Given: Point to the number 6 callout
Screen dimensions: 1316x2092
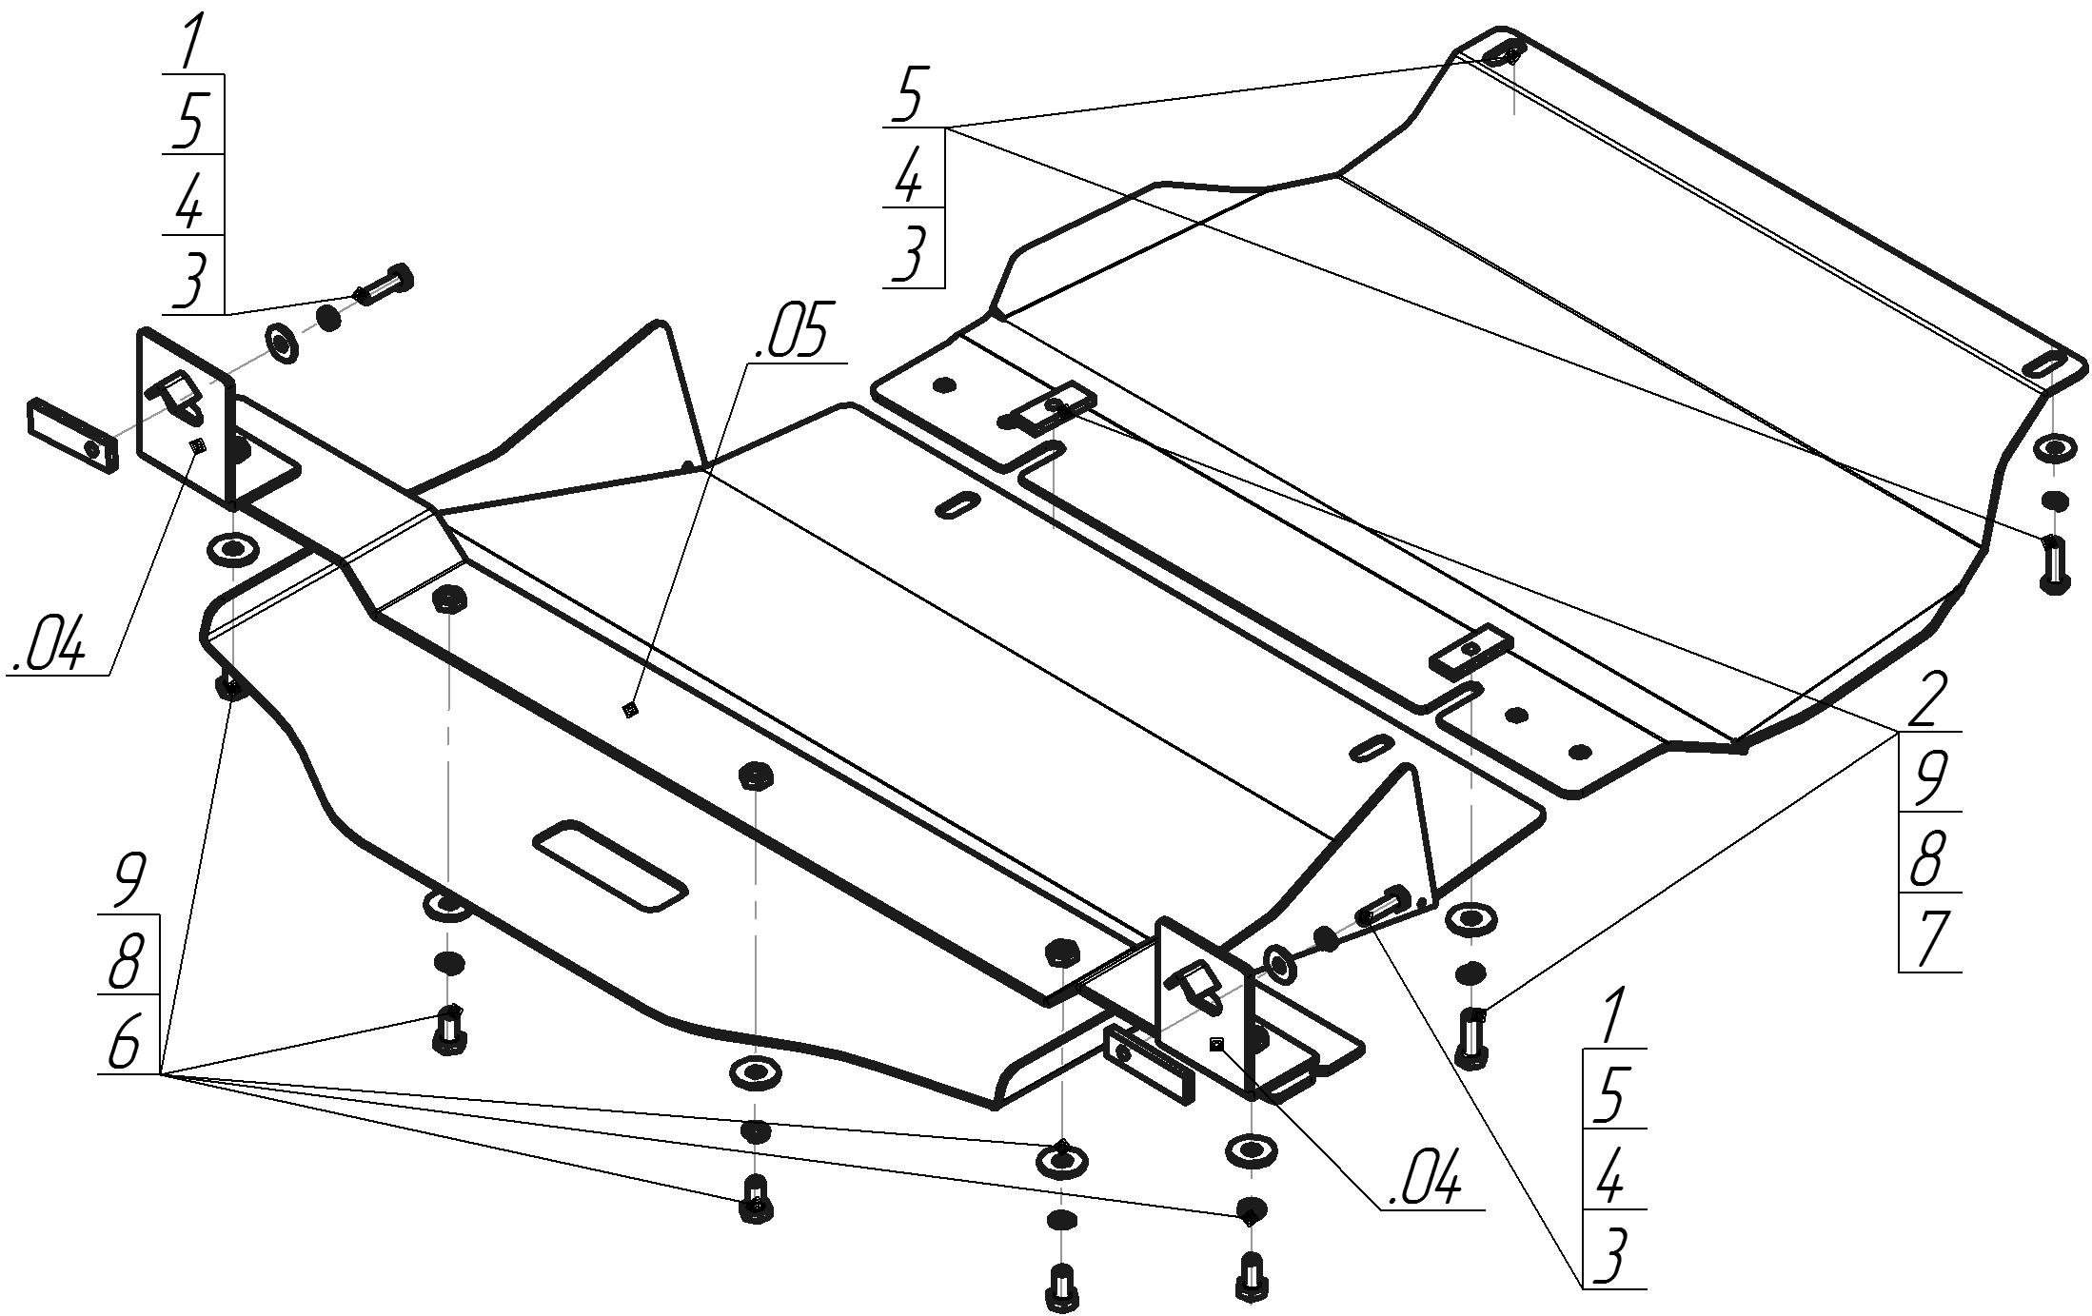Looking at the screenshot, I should pyautogui.click(x=127, y=1045).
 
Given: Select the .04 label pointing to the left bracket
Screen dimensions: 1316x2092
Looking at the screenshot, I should pyautogui.click(x=49, y=646).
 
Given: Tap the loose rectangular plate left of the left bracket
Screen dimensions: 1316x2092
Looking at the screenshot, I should pyautogui.click(x=73, y=435).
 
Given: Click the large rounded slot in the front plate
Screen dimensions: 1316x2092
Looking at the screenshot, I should pyautogui.click(x=609, y=864).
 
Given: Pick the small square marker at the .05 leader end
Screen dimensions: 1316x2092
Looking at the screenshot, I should pyautogui.click(x=628, y=708).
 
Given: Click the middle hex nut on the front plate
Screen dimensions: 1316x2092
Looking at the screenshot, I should pyautogui.click(x=756, y=775).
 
